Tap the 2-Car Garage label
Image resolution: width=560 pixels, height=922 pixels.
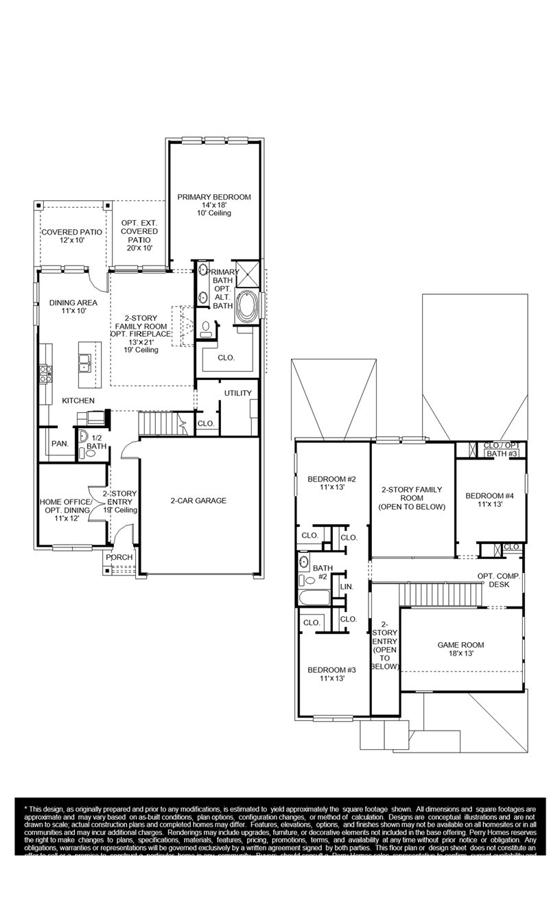[x=198, y=501]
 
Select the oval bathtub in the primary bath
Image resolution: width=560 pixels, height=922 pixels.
[x=246, y=306]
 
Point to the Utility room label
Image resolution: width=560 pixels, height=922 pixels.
[x=237, y=393]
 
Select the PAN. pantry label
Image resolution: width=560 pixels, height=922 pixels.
[x=60, y=444]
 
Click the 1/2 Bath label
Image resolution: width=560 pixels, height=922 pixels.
[x=100, y=441]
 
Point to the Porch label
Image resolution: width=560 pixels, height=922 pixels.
[x=119, y=557]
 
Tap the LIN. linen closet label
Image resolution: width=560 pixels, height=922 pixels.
[x=347, y=587]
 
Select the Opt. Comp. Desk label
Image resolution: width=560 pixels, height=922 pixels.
[x=499, y=580]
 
